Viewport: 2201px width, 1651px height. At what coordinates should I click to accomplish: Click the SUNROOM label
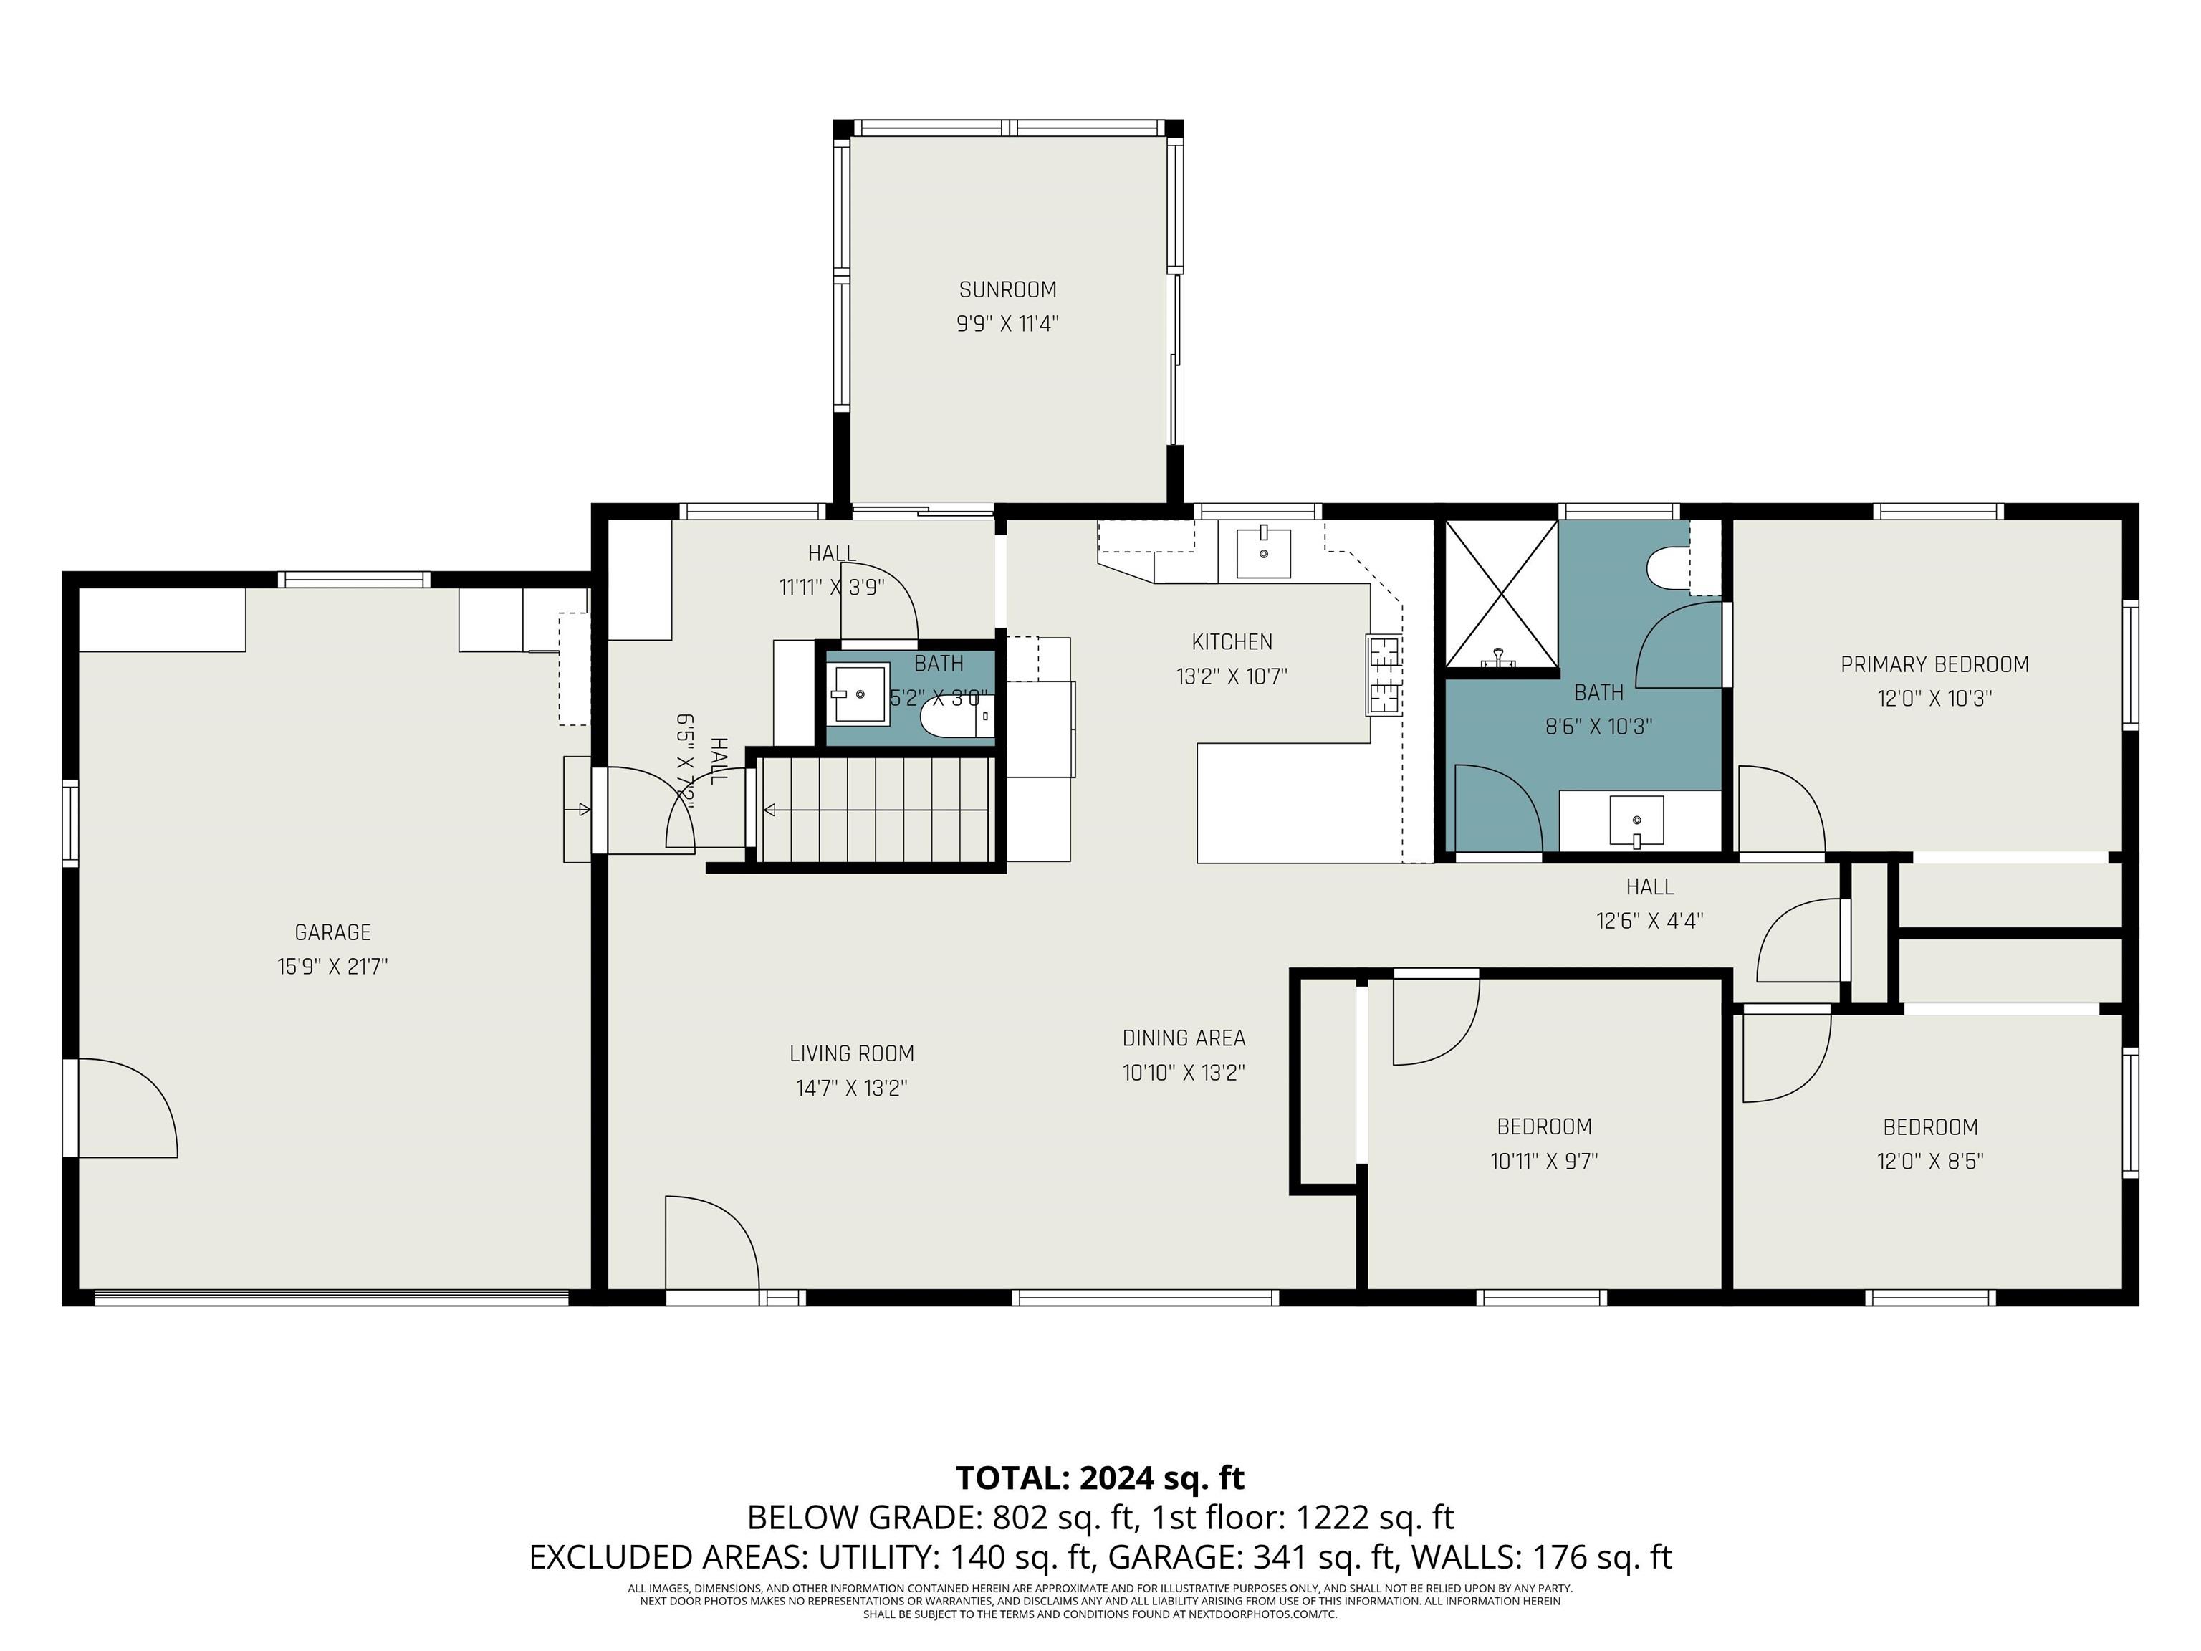(1007, 289)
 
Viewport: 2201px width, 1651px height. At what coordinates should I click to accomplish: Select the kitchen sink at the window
(1262, 553)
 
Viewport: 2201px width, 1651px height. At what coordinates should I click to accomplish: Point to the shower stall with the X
(1500, 594)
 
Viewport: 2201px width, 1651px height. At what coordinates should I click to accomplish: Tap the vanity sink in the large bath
(1637, 821)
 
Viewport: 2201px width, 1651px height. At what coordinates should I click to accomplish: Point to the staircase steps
(876, 810)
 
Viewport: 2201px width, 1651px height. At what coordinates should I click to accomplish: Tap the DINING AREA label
(1183, 1039)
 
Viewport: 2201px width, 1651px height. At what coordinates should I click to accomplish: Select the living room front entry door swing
(711, 1244)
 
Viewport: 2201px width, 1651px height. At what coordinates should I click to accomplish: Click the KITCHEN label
(1231, 642)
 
